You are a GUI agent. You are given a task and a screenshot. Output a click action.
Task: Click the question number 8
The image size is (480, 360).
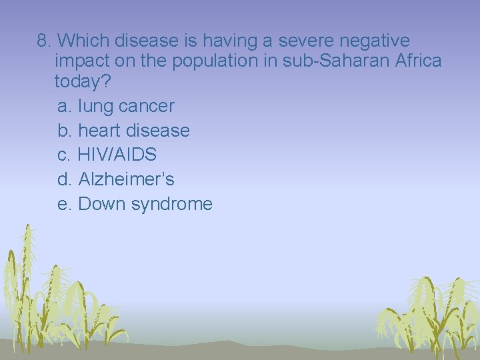pos(43,41)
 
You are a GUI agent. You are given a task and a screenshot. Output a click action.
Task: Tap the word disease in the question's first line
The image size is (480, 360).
pos(148,41)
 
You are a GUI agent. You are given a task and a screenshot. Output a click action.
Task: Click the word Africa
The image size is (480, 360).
pos(417,61)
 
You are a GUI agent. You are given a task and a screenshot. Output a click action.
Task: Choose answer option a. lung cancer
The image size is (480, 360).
pos(116,106)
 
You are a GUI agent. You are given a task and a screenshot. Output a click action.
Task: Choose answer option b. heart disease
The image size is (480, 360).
pos(123,131)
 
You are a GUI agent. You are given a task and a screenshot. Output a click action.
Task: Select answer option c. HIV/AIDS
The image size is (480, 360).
pos(107,155)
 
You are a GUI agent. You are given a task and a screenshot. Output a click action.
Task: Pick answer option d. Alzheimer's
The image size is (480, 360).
pos(116,179)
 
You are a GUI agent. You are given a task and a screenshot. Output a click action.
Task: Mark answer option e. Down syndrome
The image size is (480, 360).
pos(135,204)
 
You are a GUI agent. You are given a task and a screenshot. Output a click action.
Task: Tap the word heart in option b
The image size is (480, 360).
pos(100,131)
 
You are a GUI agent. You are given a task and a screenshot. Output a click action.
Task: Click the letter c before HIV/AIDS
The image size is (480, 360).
pos(63,155)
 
